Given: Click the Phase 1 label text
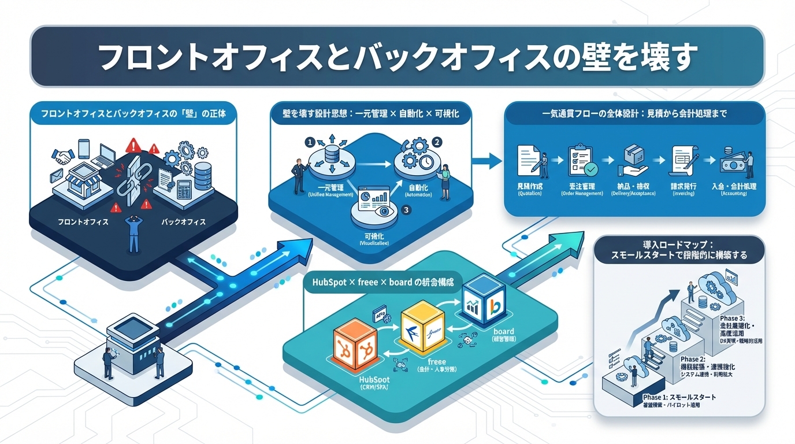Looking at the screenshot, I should (x=679, y=398).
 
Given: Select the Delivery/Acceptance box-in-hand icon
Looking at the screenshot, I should (x=633, y=160).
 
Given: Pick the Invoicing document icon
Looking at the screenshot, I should (x=685, y=160).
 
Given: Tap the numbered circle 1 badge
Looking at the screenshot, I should (x=310, y=141).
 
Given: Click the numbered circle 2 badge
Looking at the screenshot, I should (x=437, y=141).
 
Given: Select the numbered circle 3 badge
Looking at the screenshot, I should (x=406, y=210).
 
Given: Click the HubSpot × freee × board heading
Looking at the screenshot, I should (x=382, y=284).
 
